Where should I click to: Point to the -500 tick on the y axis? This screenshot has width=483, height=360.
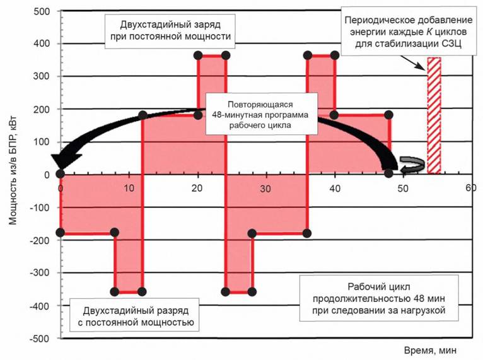(40, 339)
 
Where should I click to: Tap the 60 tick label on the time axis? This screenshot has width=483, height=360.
(470, 188)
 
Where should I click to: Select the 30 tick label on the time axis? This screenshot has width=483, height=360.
(265, 189)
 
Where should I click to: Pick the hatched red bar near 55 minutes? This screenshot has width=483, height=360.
(434, 115)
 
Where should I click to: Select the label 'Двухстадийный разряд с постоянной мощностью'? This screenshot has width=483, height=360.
(137, 317)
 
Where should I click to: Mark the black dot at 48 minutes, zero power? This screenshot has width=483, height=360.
(388, 173)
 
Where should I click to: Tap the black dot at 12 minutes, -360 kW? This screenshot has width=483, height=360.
(142, 291)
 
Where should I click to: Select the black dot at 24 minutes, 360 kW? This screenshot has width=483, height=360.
(225, 55)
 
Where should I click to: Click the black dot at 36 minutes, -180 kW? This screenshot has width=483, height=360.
(307, 233)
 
